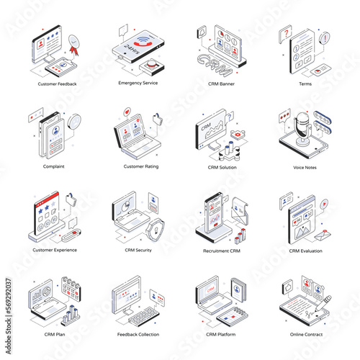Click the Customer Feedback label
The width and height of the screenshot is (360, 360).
57,84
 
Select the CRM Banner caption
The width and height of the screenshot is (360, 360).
222,84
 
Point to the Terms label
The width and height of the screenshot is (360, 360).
305,84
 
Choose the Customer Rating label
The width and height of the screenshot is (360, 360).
141,166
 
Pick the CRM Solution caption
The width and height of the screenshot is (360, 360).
222,167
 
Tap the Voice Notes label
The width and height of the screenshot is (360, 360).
305,167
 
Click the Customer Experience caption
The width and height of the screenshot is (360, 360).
55,250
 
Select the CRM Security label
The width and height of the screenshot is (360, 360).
140,250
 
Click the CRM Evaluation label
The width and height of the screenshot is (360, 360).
305,251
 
